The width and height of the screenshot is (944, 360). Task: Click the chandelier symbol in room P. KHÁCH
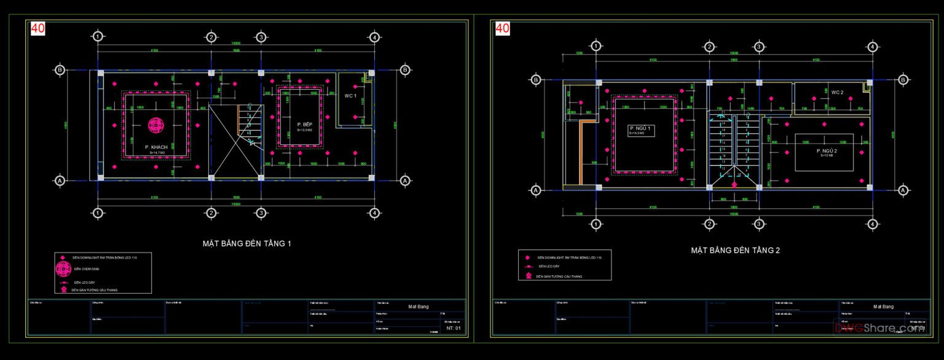pos(156,127)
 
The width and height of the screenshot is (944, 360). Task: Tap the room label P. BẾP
pos(300,124)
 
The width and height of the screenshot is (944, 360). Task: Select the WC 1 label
pos(350,96)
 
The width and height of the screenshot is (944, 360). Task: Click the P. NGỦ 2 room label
pos(827,151)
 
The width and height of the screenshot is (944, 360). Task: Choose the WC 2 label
pos(837,92)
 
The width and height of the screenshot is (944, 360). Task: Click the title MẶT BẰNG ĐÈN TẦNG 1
pos(247,244)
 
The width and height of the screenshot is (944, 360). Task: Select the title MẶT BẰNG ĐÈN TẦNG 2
pos(735,251)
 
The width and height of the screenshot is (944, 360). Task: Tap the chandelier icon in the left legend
pos(63,269)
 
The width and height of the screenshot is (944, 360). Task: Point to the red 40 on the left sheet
pos(37,28)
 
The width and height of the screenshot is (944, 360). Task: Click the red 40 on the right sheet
pos(502,28)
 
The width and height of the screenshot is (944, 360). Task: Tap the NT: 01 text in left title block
pos(454,329)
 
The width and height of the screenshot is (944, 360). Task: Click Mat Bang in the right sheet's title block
pos(883,306)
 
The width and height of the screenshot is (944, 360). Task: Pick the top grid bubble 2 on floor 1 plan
pos(211,37)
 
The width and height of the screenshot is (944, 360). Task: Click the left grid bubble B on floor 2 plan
pos(536,79)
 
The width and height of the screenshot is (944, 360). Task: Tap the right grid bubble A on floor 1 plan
pos(405,181)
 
